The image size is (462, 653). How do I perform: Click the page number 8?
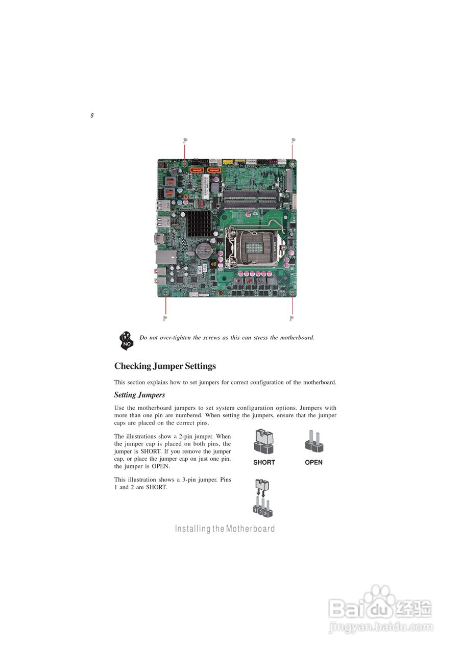pos(92,116)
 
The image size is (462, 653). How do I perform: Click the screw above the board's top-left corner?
pos(185,139)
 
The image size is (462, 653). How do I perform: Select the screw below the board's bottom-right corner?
pos(291,318)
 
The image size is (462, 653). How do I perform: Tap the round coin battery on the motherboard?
pos(204,250)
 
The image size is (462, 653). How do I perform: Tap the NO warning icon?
pos(126,339)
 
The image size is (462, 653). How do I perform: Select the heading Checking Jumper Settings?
pos(165,366)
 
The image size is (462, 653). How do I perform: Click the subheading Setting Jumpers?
pos(139,395)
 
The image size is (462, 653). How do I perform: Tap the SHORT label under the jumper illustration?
pos(264,462)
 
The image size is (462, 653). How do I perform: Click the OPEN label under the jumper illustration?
pos(313,462)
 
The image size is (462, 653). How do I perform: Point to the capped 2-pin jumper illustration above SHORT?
pos(264,442)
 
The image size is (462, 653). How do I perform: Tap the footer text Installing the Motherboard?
pos(225,529)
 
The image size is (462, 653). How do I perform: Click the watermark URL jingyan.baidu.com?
pos(380,627)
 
